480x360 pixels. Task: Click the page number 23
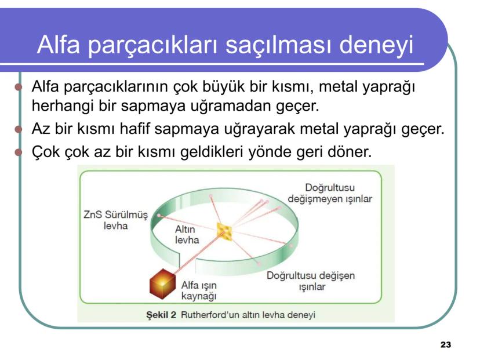[445, 345]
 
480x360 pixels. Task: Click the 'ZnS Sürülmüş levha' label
[111, 220]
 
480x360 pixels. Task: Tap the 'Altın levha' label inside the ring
[187, 235]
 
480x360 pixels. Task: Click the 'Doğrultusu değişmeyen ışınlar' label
[329, 193]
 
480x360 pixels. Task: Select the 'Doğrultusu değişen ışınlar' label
[311, 281]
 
